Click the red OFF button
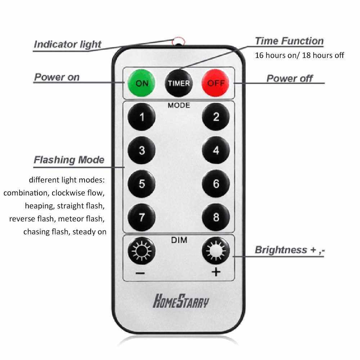pos(216,83)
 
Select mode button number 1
pos(142,117)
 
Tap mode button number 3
pos(142,150)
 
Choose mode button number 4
pos(216,150)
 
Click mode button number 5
pos(142,184)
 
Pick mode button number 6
pos(216,184)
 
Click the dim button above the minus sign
pos(142,251)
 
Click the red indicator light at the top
pos(178,41)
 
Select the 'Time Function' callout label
pos(289,41)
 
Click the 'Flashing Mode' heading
pos(69,160)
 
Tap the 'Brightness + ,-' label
pos(290,250)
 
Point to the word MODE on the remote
pos(179,105)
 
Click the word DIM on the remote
pos(179,240)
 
